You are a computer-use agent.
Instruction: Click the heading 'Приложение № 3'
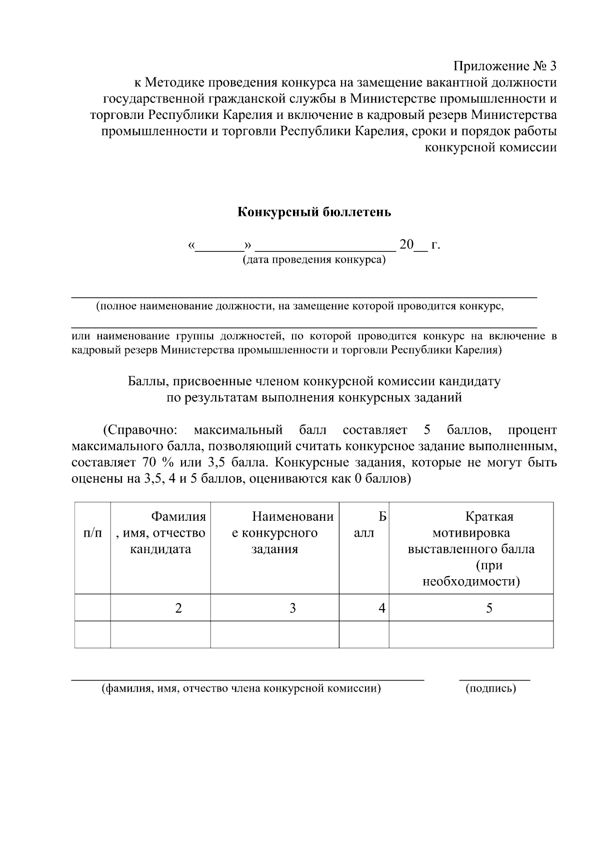pos(504,66)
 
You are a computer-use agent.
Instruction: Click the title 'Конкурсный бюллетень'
pos(313,212)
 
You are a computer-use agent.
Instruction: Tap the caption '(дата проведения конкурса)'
pos(314,260)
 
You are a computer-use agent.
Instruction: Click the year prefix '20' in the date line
pos(406,245)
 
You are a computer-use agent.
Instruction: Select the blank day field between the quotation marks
pos(219,246)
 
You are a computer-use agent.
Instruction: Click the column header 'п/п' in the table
pos(92,533)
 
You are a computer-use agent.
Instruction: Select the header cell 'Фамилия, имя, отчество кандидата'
pos(160,533)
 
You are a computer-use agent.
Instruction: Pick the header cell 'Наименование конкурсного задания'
pos(274,533)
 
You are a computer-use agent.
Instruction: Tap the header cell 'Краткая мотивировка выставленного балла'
pos(471,549)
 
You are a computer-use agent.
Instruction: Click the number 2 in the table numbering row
pos(178,608)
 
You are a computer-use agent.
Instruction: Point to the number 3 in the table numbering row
pos(292,608)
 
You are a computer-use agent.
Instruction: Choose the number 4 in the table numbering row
pos(382,608)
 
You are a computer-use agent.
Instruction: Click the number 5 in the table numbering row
pos(489,608)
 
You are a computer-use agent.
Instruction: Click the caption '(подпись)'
pos(490,689)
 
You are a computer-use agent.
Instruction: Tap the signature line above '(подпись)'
pos(494,680)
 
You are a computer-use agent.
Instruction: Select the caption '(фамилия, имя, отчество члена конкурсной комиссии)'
pos(241,689)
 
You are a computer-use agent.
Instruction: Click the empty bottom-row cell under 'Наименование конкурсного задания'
pos(274,635)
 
